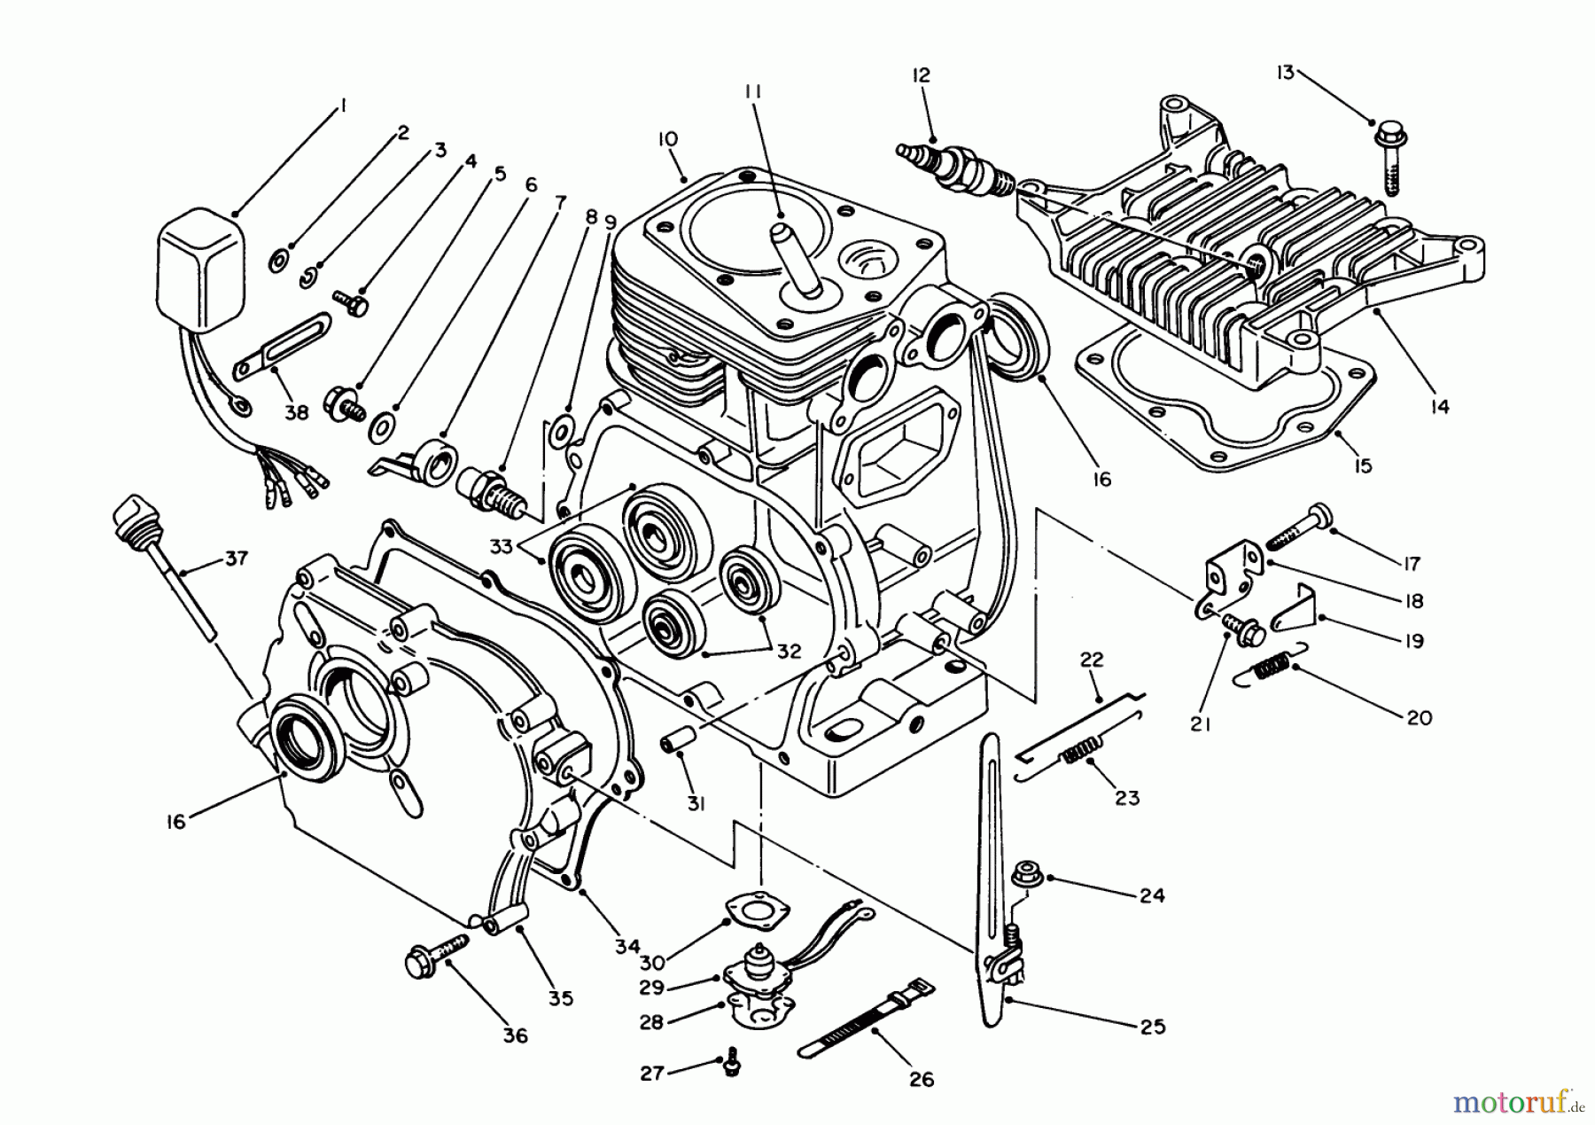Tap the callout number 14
click(x=1439, y=407)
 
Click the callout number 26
click(x=922, y=1079)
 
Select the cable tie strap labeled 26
click(x=864, y=1020)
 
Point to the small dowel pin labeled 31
click(x=675, y=743)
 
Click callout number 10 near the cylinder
click(x=667, y=139)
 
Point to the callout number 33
click(x=502, y=547)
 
